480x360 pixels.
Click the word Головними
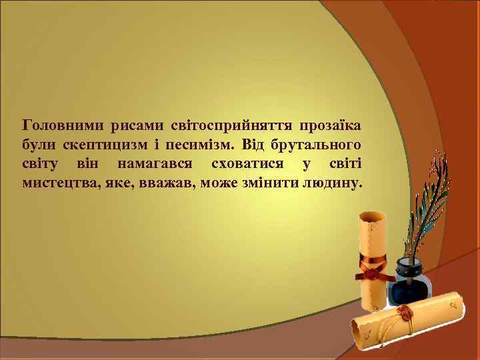(x=57, y=125)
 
